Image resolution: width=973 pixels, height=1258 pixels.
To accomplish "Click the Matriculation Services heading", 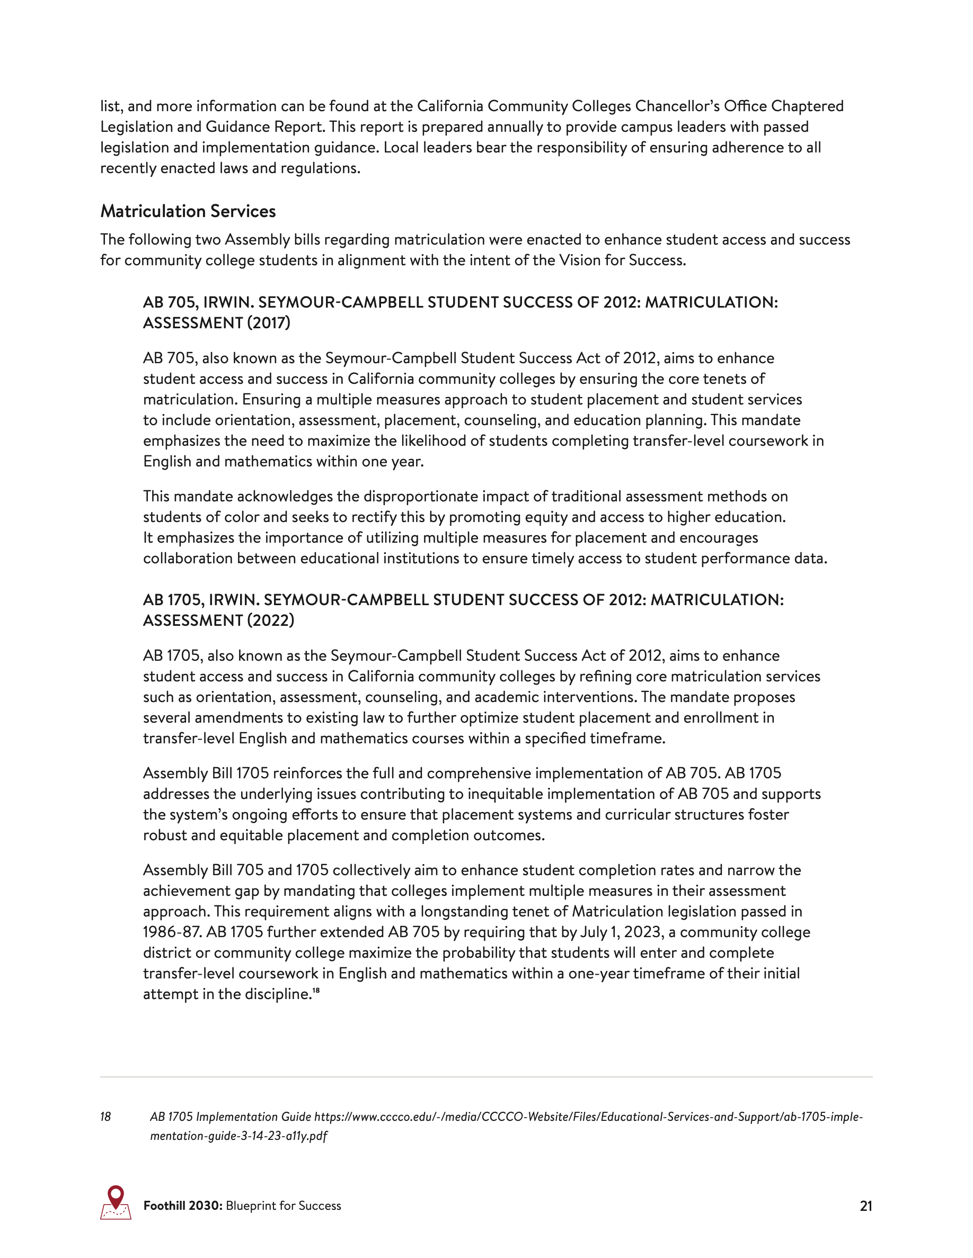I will pyautogui.click(x=188, y=211).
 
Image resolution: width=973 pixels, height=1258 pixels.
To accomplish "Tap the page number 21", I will pyautogui.click(x=866, y=1206).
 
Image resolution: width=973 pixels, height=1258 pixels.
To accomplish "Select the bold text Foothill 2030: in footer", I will pyautogui.click(x=183, y=1206).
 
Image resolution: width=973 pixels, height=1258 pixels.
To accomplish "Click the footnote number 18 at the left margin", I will pyautogui.click(x=105, y=1117).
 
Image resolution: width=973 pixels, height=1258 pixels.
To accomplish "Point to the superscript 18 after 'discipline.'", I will pyautogui.click(x=316, y=991).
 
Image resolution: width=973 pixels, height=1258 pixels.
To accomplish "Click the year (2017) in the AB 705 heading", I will pyautogui.click(x=269, y=323).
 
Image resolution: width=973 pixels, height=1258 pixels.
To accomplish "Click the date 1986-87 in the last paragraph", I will pyautogui.click(x=171, y=932).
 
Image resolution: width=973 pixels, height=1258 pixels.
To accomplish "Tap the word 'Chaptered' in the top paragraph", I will pyautogui.click(x=807, y=106).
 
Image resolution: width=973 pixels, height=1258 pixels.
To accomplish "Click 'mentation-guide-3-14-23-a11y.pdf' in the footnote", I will pyautogui.click(x=238, y=1136).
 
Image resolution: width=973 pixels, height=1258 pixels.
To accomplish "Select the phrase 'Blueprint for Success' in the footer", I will pyautogui.click(x=284, y=1206).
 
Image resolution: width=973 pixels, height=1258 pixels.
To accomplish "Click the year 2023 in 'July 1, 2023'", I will pyautogui.click(x=643, y=932).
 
